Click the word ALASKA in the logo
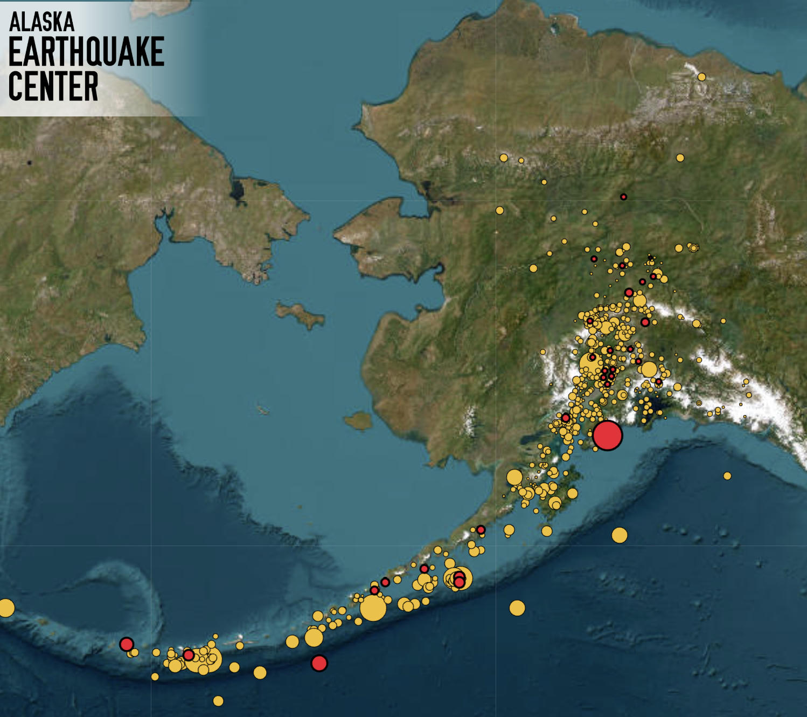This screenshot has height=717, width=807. (x=41, y=22)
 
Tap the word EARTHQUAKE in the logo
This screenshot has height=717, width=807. (x=86, y=52)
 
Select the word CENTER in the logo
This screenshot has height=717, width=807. (x=53, y=86)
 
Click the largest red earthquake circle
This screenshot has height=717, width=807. (x=607, y=435)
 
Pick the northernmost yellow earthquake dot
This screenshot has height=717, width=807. (x=701, y=77)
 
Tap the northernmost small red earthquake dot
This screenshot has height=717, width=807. (x=623, y=197)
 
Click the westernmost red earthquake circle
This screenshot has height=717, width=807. (x=127, y=644)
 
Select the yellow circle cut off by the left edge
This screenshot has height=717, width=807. (x=5, y=608)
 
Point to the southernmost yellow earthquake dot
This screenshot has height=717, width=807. (x=218, y=701)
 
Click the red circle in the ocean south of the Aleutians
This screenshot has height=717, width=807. (x=319, y=663)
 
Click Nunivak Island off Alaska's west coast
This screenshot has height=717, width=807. (x=358, y=420)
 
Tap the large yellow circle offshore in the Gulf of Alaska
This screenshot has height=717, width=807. (x=620, y=535)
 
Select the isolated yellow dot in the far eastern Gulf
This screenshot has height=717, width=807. (x=727, y=476)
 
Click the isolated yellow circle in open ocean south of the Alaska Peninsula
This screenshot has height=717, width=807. (x=517, y=608)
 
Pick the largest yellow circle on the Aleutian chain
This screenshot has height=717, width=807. (x=373, y=608)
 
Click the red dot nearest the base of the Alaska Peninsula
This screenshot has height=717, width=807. (x=481, y=530)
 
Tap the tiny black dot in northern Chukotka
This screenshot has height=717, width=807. (x=30, y=162)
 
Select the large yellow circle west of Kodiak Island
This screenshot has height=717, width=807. (x=514, y=478)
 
